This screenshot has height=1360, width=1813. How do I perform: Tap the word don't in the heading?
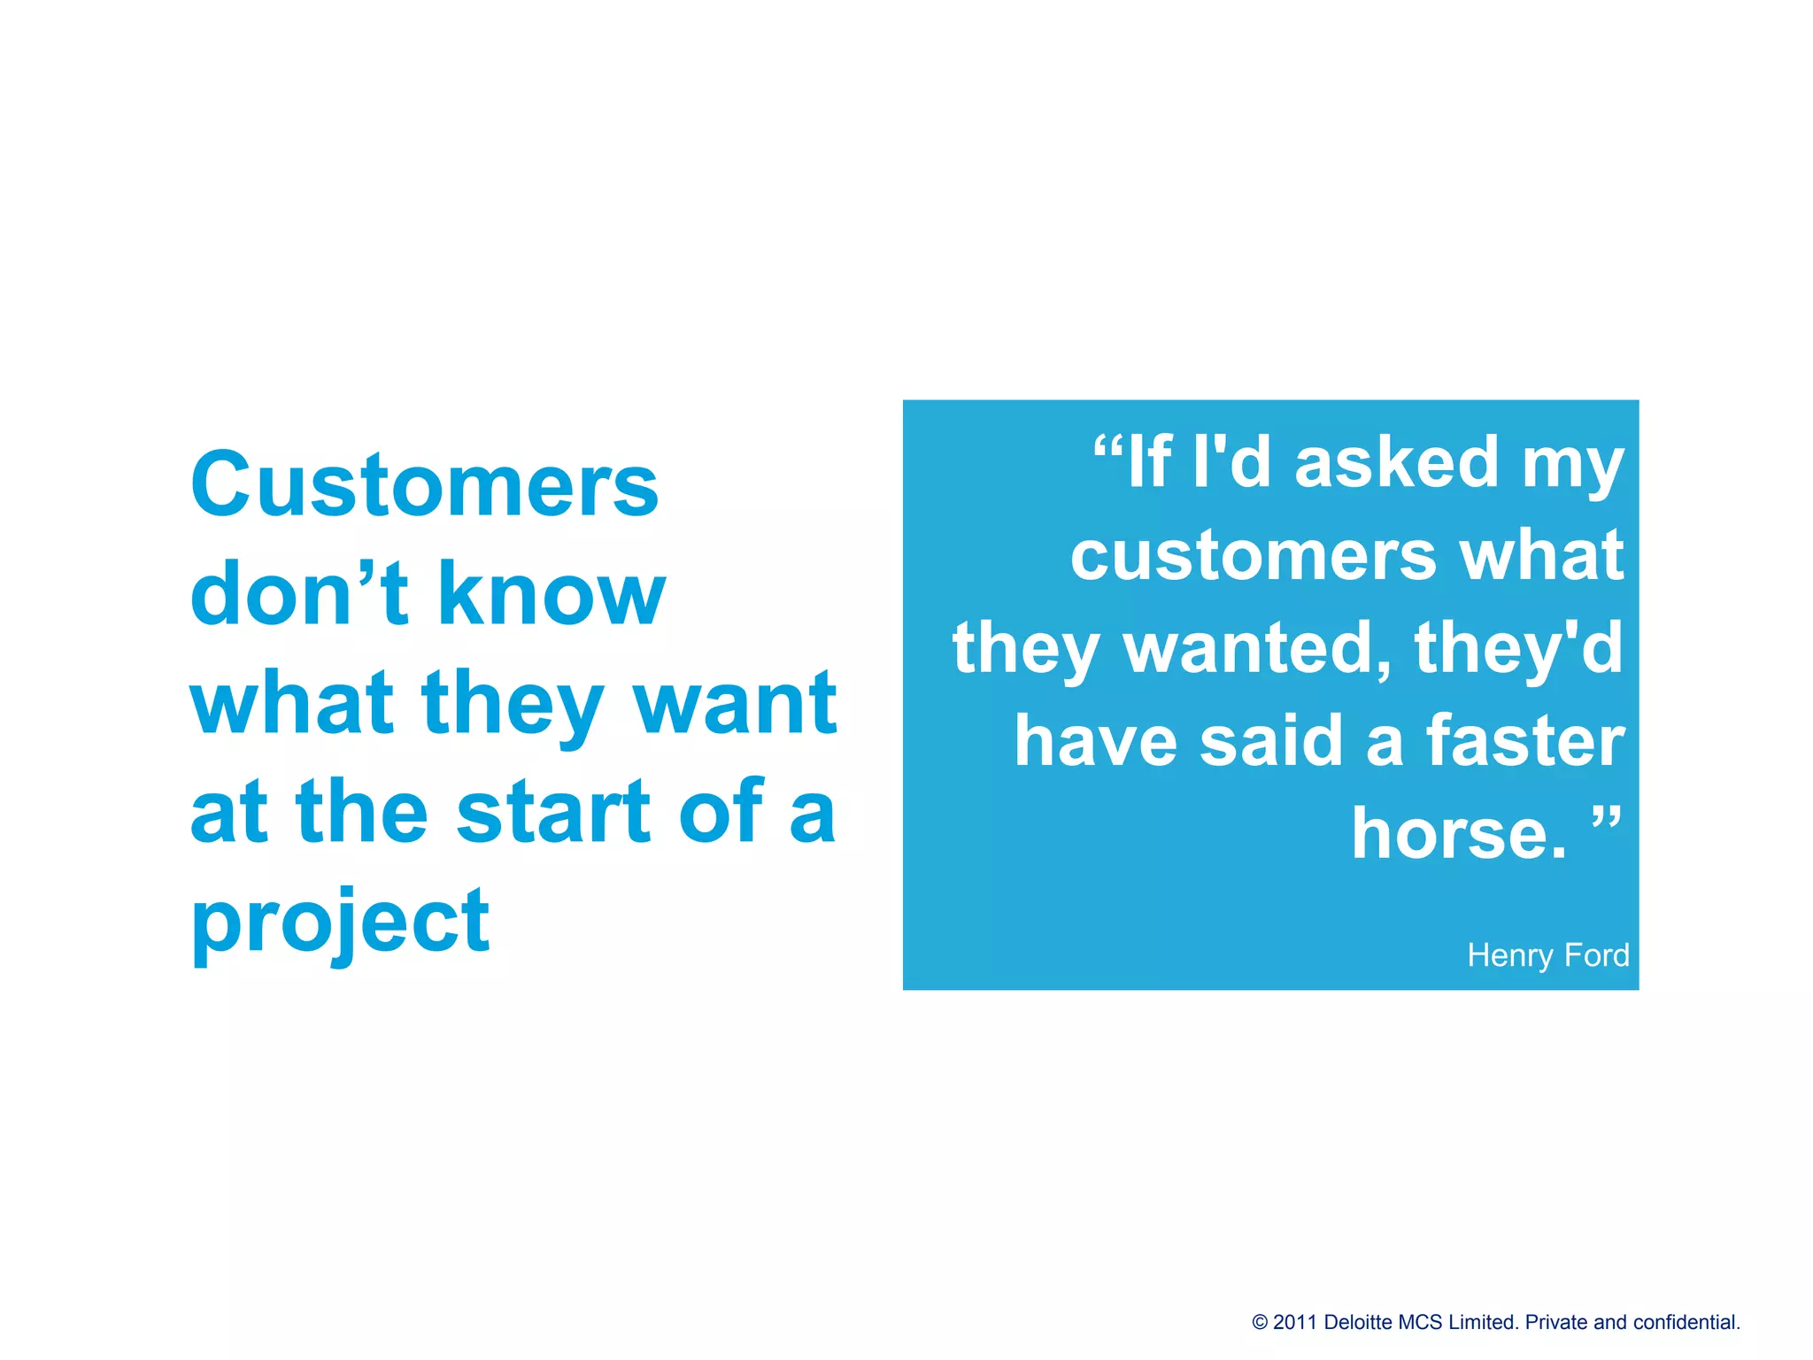pyautogui.click(x=299, y=593)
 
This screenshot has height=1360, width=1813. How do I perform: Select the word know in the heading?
pyautogui.click(x=551, y=593)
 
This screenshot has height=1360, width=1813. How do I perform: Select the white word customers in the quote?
pyautogui.click(x=1253, y=556)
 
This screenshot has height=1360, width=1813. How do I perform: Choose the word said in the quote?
pyautogui.click(x=1273, y=741)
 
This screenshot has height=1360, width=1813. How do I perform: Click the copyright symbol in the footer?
pyautogui.click(x=1260, y=1323)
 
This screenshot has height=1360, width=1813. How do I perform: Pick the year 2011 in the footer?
pyautogui.click(x=1295, y=1323)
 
